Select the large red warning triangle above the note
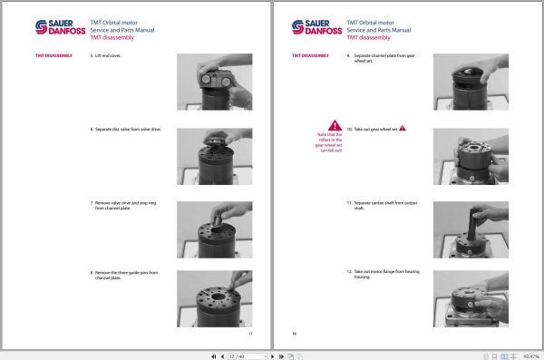(x=335, y=125)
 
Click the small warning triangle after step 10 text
(x=403, y=129)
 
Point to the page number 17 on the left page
(x=250, y=334)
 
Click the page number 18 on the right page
(x=295, y=334)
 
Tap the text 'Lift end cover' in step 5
(x=109, y=56)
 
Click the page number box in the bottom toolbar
(x=238, y=355)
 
